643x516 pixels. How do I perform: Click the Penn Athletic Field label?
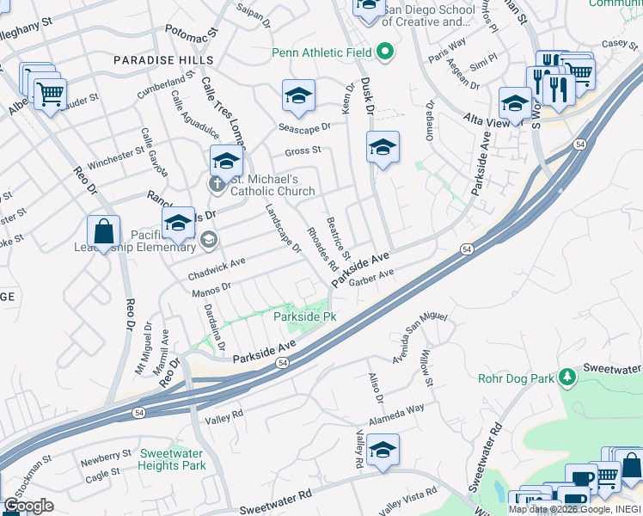click(321, 52)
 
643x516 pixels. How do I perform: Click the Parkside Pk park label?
click(304, 317)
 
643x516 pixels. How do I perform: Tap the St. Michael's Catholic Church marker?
click(217, 184)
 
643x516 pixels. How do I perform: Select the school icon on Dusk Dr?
click(383, 148)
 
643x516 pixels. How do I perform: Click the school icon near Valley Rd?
click(383, 450)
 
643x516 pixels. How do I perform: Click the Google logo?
click(28, 506)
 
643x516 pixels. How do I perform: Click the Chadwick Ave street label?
click(217, 268)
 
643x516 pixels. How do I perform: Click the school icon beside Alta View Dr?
click(515, 105)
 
